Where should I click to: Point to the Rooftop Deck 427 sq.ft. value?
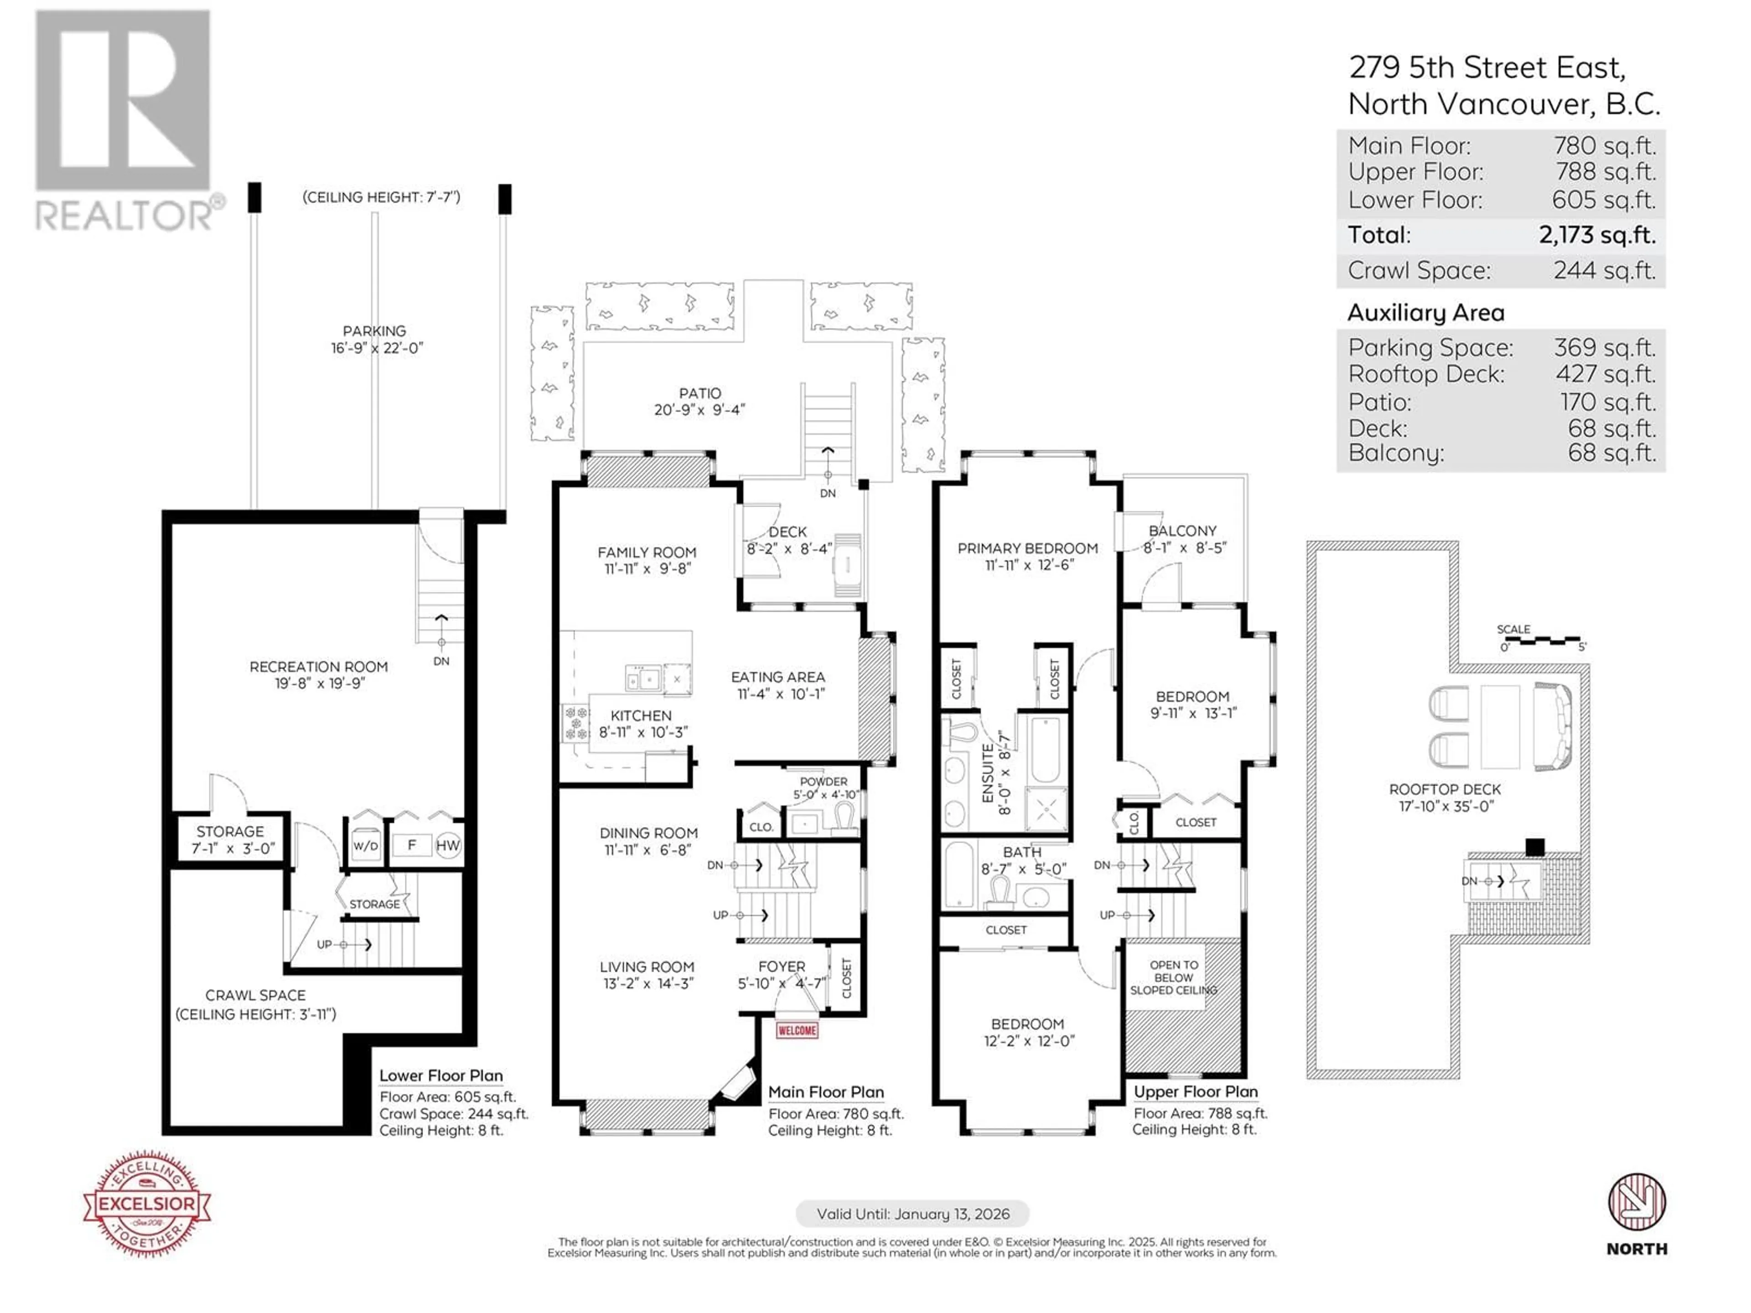pos(1606,374)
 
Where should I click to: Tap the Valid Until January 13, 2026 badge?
pos(913,1214)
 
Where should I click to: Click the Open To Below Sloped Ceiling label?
pos(1173,977)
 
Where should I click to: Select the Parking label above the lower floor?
pos(374,331)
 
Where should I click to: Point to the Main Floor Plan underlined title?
pos(826,1093)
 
